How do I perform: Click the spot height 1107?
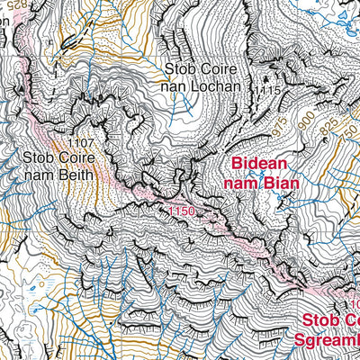click(x=81, y=141)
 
